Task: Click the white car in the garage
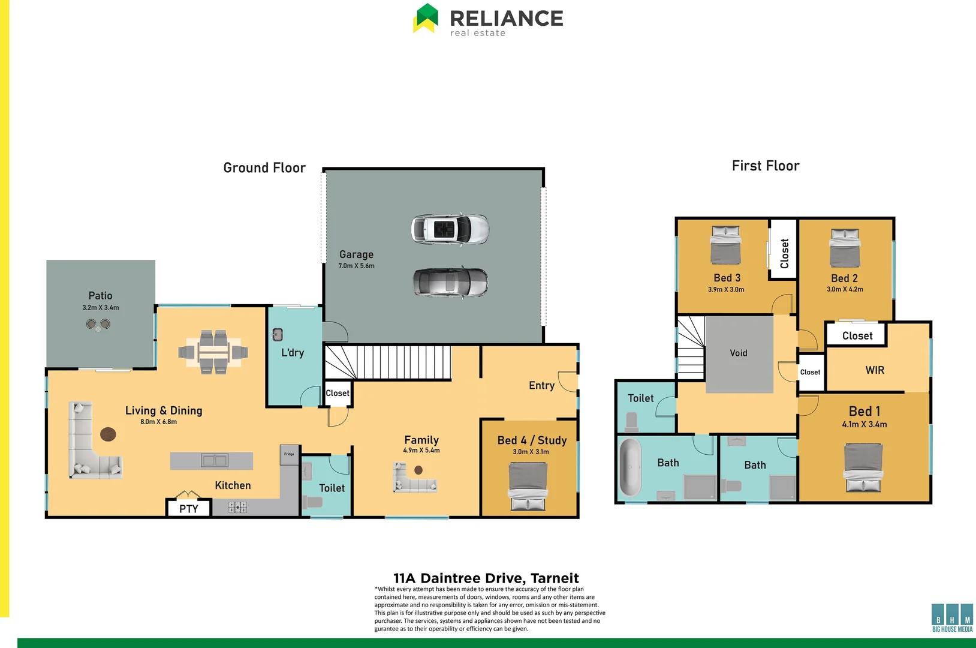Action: [x=450, y=229]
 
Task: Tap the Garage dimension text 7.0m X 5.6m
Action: [x=356, y=266]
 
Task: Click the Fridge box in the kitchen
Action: [x=289, y=454]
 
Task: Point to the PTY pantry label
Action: [x=188, y=509]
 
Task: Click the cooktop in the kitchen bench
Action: [x=237, y=508]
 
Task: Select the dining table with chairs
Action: [x=213, y=352]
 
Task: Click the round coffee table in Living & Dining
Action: [x=108, y=434]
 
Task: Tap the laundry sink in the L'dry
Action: [x=278, y=334]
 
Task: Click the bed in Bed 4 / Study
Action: [x=528, y=486]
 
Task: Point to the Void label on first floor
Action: [x=739, y=353]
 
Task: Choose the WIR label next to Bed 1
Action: [x=875, y=370]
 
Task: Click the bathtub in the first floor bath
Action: [x=630, y=468]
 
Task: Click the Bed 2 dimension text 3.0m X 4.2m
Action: [x=845, y=289]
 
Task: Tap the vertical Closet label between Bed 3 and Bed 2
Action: [x=784, y=253]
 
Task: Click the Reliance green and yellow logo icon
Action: [x=426, y=19]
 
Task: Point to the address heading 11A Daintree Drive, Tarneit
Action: [x=486, y=578]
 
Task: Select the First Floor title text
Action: [x=766, y=166]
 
